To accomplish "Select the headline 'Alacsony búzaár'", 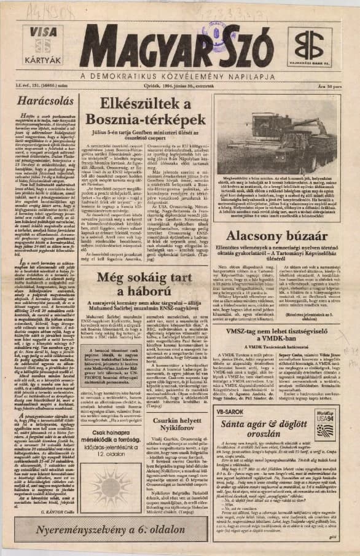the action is click(282, 235).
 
